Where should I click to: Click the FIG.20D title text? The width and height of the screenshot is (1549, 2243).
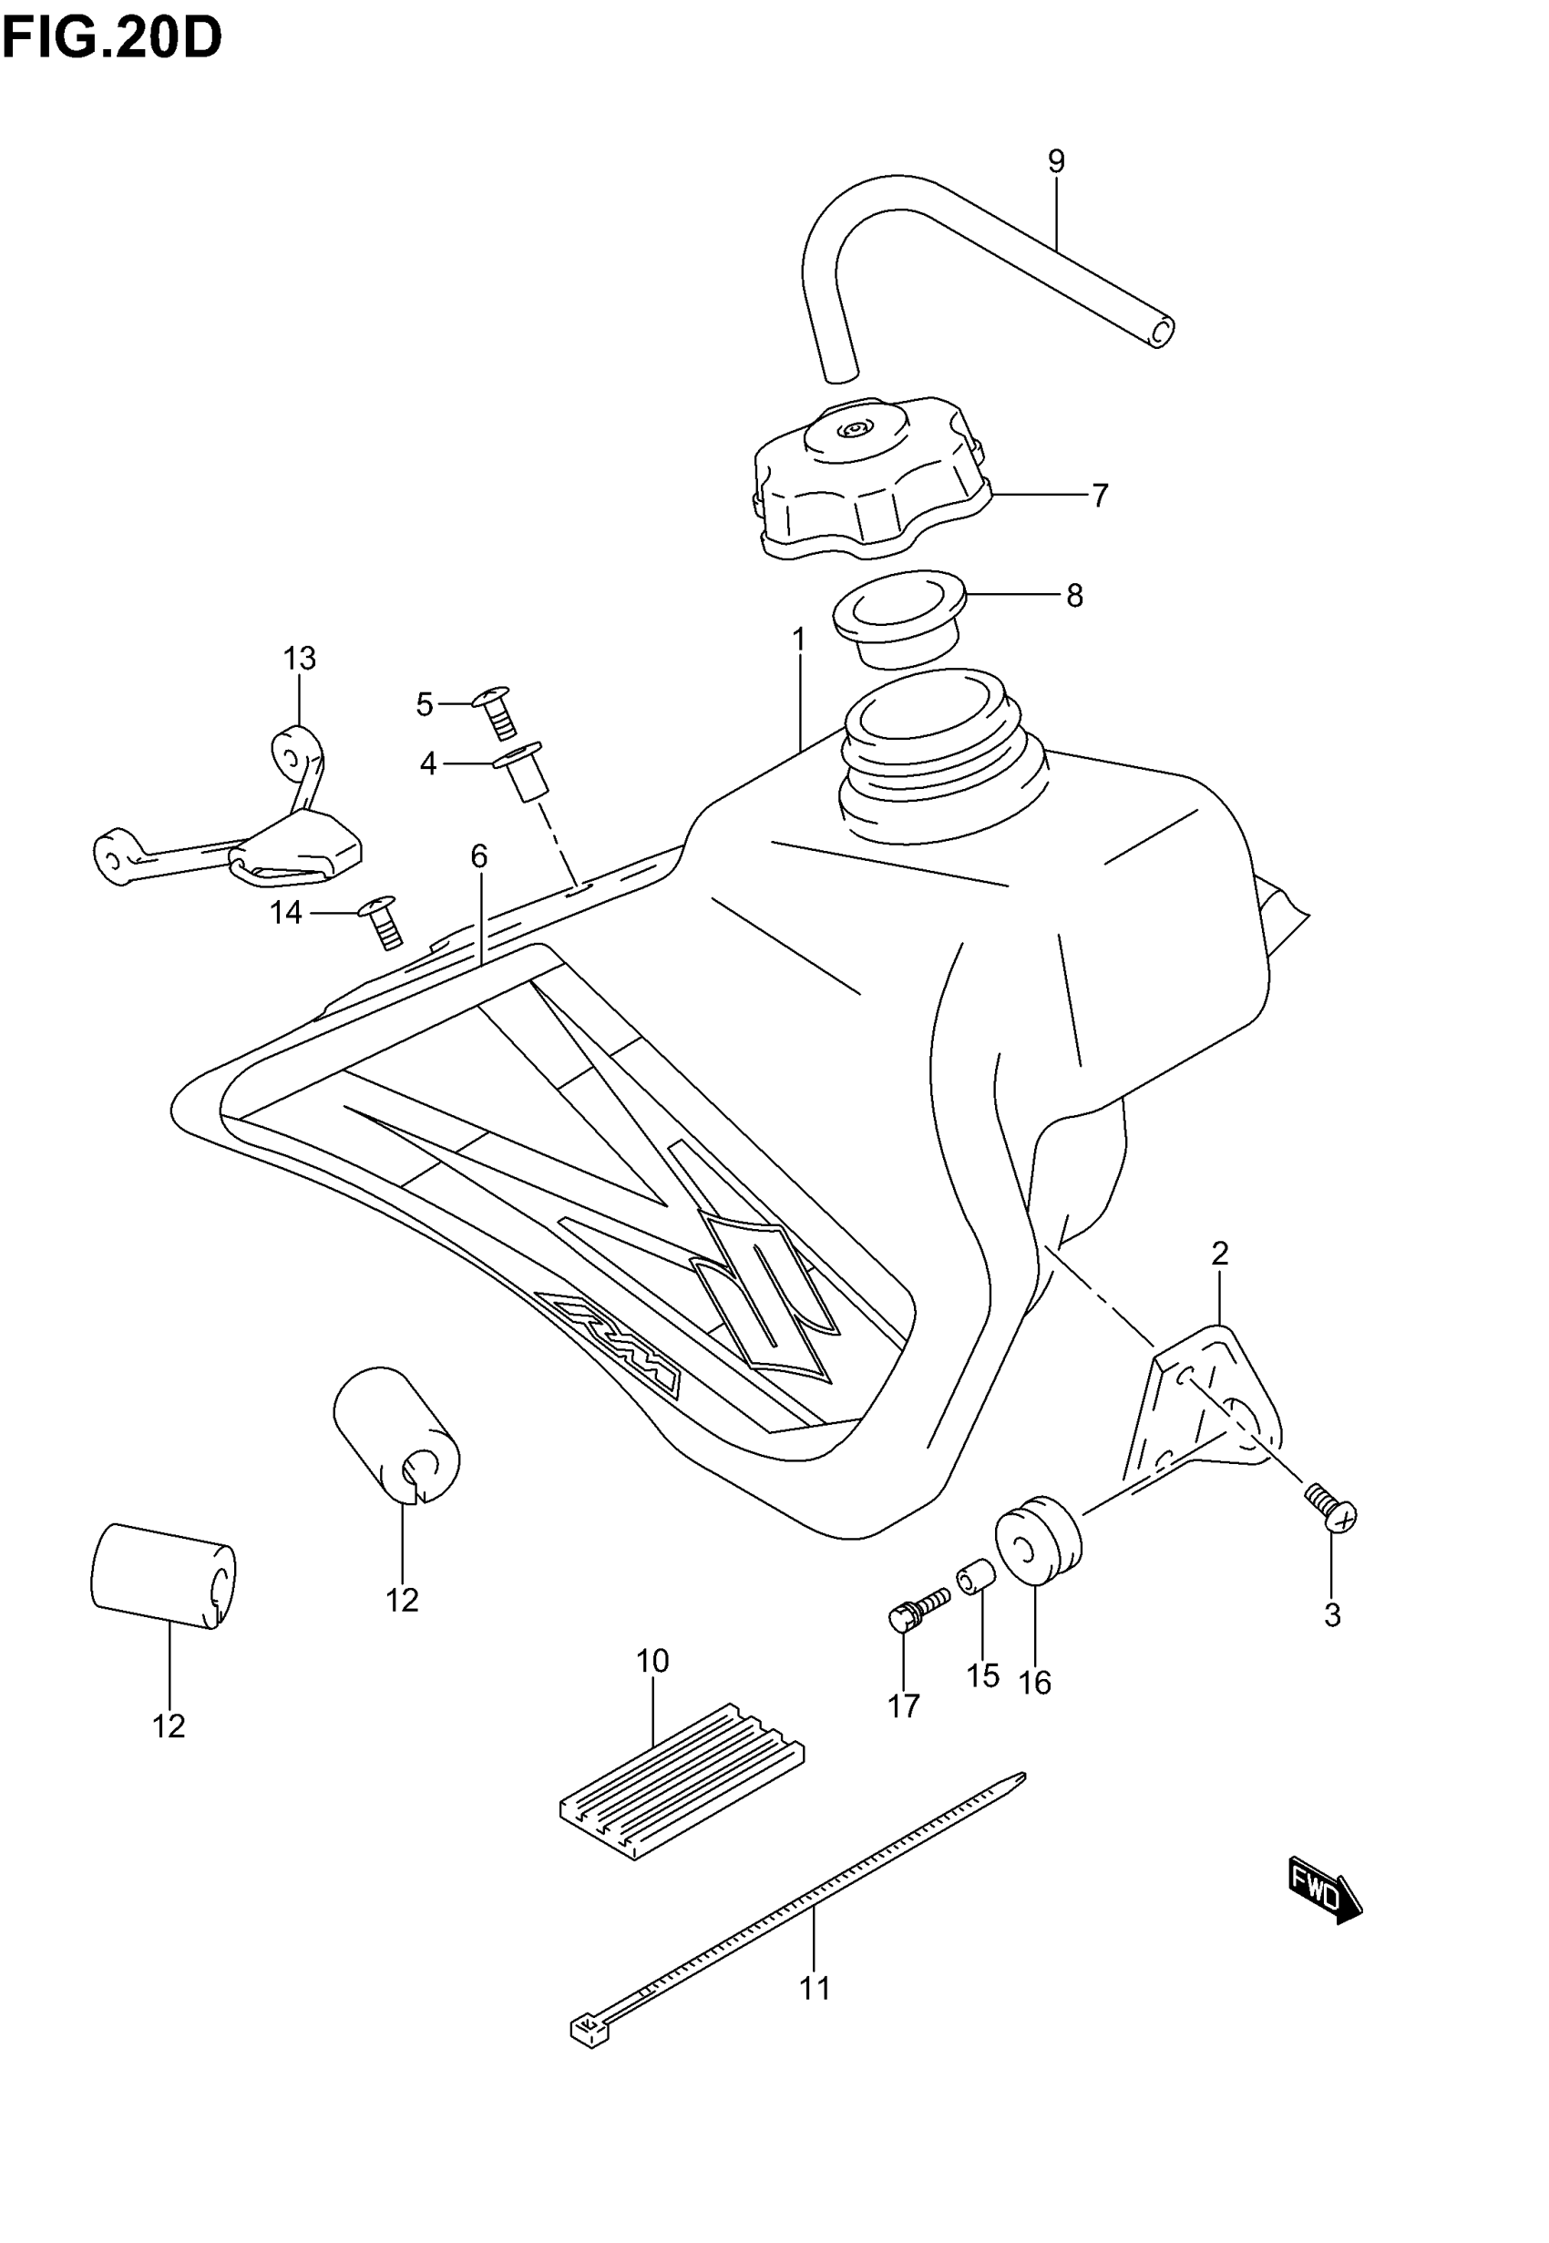pyautogui.click(x=111, y=39)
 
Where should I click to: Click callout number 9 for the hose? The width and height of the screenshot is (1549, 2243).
pyautogui.click(x=1056, y=161)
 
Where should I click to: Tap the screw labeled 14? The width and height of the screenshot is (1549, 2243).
pyautogui.click(x=384, y=923)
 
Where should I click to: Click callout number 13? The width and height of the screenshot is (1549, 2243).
pyautogui.click(x=300, y=659)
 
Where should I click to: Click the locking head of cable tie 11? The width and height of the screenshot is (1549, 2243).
pyautogui.click(x=588, y=2029)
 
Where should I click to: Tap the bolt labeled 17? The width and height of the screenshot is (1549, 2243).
pyautogui.click(x=918, y=1610)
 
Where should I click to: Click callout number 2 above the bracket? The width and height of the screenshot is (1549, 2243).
pyautogui.click(x=1220, y=1254)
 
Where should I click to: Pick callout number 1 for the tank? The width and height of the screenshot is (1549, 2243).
pyautogui.click(x=799, y=640)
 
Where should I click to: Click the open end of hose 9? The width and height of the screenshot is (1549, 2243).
pyautogui.click(x=1160, y=332)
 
